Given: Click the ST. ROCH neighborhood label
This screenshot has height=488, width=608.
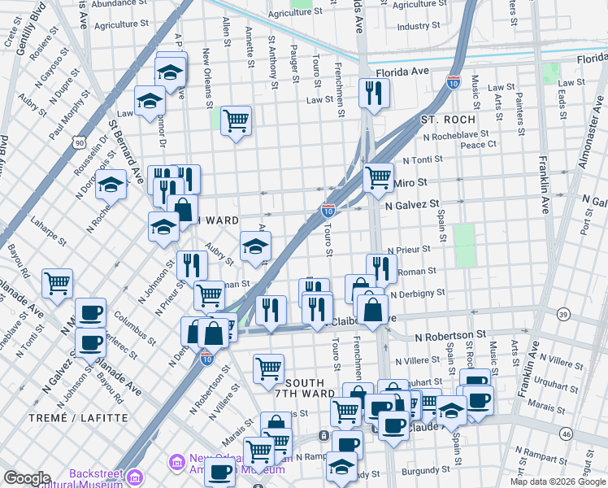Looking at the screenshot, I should (x=441, y=120).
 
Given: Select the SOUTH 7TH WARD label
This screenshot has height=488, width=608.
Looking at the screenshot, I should (x=305, y=389).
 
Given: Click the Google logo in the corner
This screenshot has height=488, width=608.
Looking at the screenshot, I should (x=27, y=478).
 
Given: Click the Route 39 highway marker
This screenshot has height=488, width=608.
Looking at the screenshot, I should (x=562, y=314).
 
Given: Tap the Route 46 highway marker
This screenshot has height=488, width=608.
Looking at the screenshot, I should (x=565, y=434).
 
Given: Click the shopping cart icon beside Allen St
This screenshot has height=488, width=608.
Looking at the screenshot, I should (x=236, y=120).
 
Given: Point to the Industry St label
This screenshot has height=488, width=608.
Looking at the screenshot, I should (x=419, y=26).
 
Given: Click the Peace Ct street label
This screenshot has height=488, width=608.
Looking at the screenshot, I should (x=478, y=145).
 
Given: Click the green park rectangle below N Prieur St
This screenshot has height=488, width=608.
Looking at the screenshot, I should (x=464, y=245).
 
